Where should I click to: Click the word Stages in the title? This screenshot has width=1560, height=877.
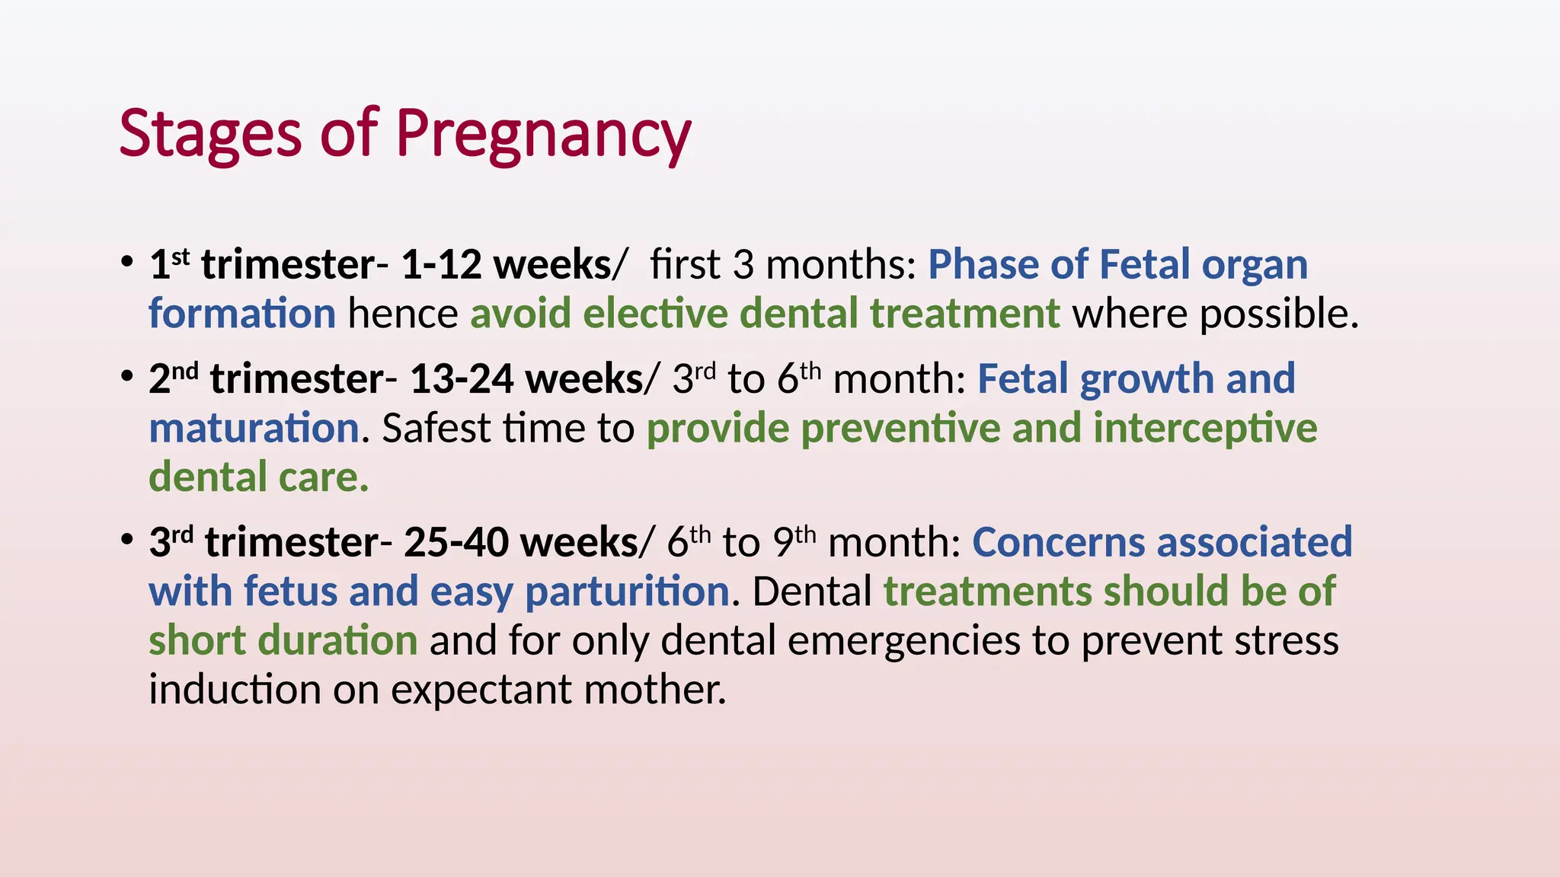[211, 133]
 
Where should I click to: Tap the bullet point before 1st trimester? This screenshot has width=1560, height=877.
[127, 263]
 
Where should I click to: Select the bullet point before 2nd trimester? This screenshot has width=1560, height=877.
[127, 377]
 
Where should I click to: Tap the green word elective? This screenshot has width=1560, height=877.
[655, 314]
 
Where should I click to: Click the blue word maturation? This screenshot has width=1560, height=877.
[254, 428]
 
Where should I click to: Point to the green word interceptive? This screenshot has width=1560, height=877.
[1205, 428]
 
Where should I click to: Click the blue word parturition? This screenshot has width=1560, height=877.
[628, 592]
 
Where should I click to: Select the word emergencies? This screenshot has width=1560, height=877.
[903, 641]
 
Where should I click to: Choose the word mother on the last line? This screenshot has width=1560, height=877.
[654, 690]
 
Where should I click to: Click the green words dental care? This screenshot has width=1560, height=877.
[258, 477]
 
